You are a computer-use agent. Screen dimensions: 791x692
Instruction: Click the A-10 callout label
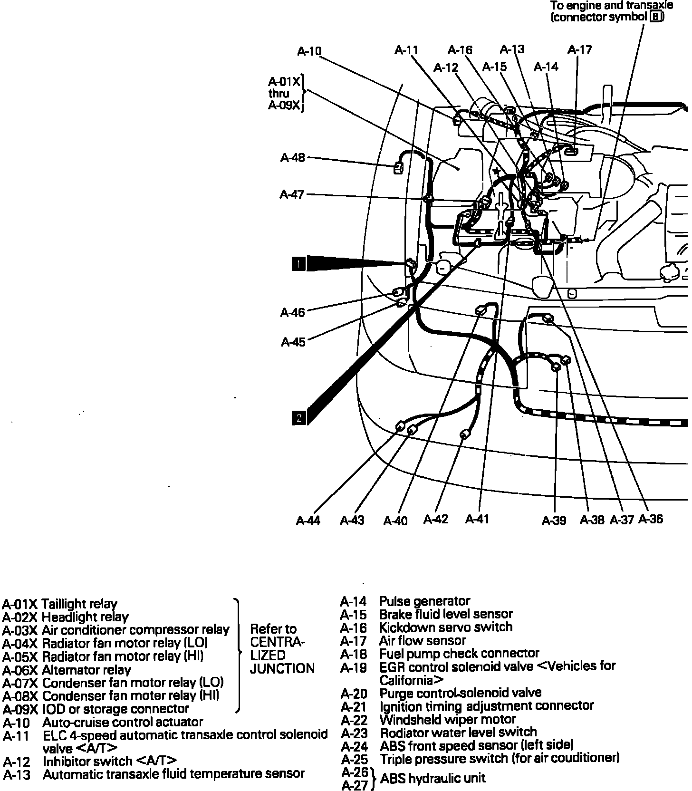coord(309,51)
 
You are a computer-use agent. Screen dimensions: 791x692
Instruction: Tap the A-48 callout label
coord(292,157)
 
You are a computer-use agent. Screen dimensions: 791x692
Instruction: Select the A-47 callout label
coord(292,194)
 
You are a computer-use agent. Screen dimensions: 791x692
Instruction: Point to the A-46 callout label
coord(292,312)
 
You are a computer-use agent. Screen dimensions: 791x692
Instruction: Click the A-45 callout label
coord(293,342)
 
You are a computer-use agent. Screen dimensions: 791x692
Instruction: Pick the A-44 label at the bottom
coord(308,521)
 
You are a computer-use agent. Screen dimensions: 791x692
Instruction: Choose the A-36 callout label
coord(650,519)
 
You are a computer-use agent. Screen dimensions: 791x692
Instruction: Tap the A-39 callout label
coord(554,521)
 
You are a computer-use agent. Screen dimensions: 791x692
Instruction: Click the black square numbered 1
coord(298,263)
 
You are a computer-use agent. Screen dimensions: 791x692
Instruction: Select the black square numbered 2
coord(299,418)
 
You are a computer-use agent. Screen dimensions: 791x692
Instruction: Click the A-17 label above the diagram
coord(580,49)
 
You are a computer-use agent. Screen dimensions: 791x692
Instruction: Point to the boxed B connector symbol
coord(656,17)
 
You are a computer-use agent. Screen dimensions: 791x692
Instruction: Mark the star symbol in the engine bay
coord(497,171)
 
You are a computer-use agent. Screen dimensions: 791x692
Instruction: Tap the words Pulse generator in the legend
coord(424,601)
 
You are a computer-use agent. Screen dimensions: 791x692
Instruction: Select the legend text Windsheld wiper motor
coord(448,719)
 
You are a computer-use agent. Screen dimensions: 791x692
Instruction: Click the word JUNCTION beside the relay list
coord(282,668)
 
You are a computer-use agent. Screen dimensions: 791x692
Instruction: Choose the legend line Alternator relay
coord(86,670)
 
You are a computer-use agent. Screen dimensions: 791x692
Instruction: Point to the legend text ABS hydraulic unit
coord(433,778)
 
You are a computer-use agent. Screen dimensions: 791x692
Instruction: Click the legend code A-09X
coord(19,709)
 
